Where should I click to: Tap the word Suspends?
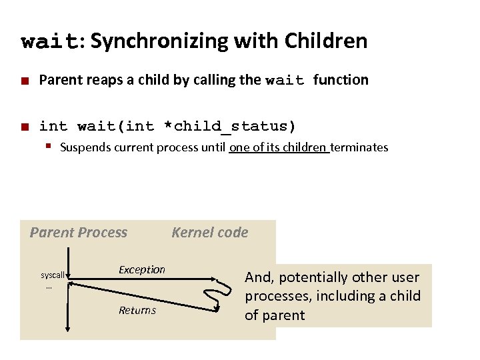click(x=86, y=147)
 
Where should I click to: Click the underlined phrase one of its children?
click(x=279, y=147)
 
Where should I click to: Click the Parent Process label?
click(x=78, y=233)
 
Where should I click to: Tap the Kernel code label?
click(x=209, y=233)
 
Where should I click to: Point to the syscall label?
click(x=53, y=275)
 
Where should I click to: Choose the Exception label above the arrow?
click(x=141, y=269)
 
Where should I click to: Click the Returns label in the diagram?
click(x=137, y=310)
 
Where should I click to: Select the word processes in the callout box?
click(x=273, y=296)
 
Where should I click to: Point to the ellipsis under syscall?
click(x=49, y=286)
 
